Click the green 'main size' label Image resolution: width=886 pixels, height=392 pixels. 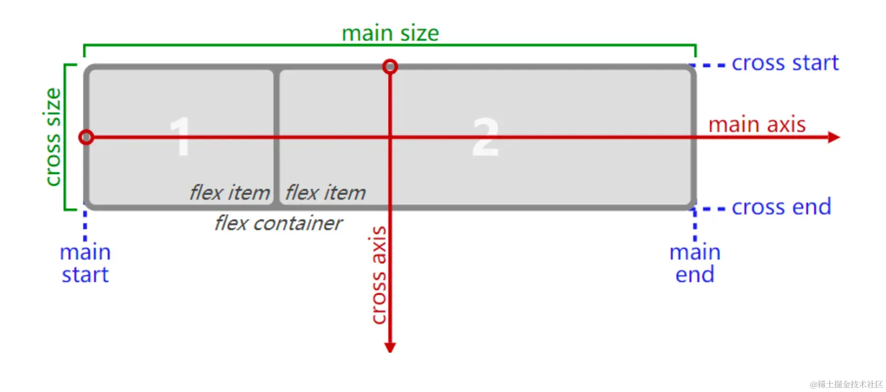(x=390, y=33)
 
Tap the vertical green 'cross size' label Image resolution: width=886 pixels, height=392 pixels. (x=53, y=137)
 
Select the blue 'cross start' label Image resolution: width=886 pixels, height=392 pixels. (x=785, y=63)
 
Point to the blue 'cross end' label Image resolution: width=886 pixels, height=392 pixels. (x=781, y=207)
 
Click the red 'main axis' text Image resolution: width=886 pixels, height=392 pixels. (x=757, y=124)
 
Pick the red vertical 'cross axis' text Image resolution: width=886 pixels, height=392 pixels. (x=379, y=275)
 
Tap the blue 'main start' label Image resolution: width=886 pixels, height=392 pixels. (x=85, y=264)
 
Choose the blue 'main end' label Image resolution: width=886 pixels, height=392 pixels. (x=695, y=264)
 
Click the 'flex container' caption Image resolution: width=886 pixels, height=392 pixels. (x=278, y=223)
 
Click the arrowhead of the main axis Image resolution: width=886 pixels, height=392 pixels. (x=834, y=137)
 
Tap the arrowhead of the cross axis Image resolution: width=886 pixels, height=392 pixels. (x=390, y=347)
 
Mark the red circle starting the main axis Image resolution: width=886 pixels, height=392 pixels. (x=86, y=137)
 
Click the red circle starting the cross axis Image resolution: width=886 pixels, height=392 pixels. (x=390, y=67)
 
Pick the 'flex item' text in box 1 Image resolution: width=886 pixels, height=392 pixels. (x=230, y=192)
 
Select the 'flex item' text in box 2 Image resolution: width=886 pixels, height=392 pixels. (x=326, y=192)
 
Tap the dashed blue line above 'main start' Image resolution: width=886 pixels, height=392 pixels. (x=85, y=226)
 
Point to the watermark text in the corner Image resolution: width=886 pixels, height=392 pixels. (x=846, y=384)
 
